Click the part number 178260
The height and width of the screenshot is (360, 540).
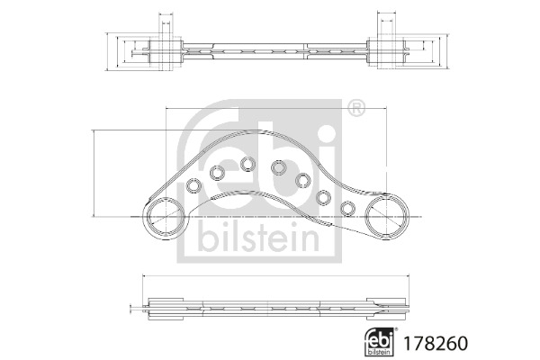coord(436,343)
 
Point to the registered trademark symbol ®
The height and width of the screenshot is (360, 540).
coord(356,108)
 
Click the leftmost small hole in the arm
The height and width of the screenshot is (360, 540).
coord(193,186)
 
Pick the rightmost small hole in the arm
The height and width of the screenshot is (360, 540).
coord(347,209)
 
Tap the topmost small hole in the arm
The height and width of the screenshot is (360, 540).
coord(247,164)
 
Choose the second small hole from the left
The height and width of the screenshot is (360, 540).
coord(217,173)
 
